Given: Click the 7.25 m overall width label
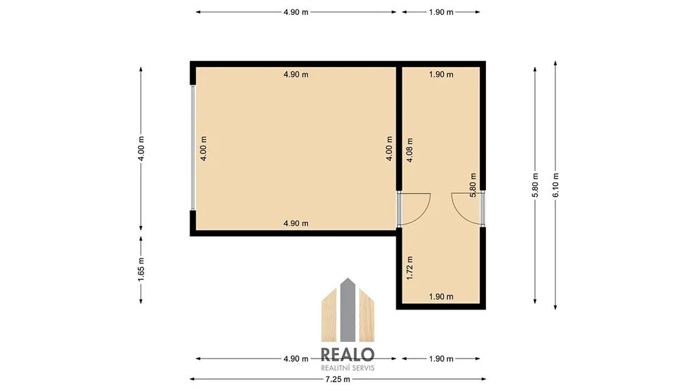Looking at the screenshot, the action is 338,379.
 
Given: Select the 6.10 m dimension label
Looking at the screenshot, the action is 556,185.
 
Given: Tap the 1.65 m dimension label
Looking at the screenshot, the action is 141,269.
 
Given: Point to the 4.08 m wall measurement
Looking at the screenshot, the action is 410,150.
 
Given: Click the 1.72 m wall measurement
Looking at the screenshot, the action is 410,267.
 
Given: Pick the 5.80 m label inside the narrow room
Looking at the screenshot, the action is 473,185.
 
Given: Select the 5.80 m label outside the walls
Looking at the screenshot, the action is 536,185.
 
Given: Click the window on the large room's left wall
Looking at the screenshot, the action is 192,147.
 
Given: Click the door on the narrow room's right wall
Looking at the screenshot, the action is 483,208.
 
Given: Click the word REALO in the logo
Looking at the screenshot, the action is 347,354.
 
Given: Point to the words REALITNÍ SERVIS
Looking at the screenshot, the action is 347,368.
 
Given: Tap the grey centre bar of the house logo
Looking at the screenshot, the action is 347,310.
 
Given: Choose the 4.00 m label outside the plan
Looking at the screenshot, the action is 141,148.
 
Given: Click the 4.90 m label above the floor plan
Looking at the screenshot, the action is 296,12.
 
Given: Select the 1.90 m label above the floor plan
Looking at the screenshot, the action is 441,12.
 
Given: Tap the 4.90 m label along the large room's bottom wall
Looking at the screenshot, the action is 296,223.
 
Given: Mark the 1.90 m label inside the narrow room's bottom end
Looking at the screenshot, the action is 441,297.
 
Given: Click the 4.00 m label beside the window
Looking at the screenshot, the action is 203,148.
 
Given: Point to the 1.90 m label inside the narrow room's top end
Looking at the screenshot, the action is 441,75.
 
